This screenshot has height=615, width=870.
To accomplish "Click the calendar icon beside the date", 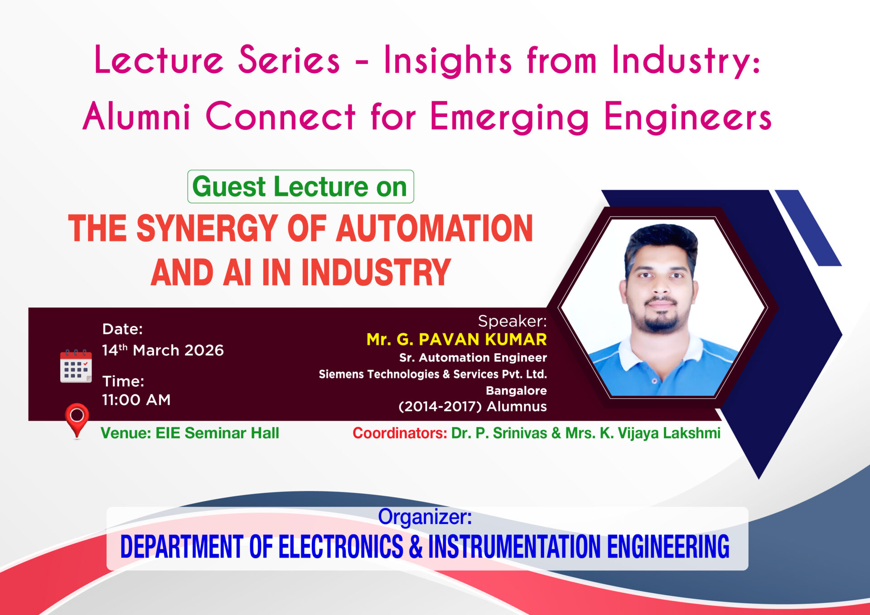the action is click(76, 366).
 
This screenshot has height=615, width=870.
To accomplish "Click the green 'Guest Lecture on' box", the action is click(300, 187).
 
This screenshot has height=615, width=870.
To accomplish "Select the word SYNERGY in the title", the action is click(207, 228).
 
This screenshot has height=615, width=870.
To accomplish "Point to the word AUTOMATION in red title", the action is click(435, 228).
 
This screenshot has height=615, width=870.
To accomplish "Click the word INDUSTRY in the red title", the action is click(376, 272).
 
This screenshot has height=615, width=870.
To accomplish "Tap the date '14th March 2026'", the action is click(163, 350).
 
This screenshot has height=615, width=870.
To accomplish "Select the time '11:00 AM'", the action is click(136, 400).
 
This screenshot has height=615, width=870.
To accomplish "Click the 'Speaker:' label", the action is click(512, 321).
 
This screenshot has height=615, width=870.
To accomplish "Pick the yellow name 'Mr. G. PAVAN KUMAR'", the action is click(456, 339).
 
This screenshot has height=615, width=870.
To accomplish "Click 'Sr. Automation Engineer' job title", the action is click(473, 358).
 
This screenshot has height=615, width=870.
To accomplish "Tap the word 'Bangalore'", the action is click(516, 390).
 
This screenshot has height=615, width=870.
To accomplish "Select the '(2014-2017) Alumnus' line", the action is click(473, 407).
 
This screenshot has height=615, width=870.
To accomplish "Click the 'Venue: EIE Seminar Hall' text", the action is click(190, 433).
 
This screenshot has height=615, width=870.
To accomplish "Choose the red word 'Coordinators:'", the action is click(400, 433).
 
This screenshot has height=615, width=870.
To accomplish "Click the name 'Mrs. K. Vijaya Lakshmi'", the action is click(643, 433).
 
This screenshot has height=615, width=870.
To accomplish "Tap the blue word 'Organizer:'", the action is click(425, 517).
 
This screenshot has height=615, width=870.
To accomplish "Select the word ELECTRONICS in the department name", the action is click(340, 547).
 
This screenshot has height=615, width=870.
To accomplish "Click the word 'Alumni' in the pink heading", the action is click(136, 116).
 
